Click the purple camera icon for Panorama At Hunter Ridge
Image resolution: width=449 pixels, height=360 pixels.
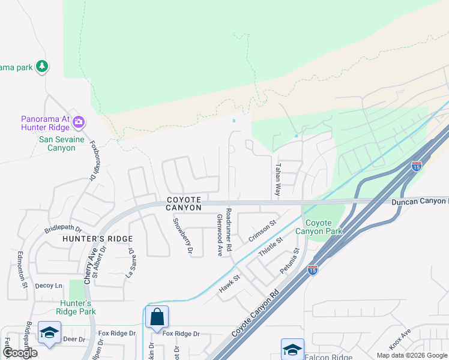(x=78, y=122)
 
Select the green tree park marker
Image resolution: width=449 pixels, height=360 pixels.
(x=41, y=66)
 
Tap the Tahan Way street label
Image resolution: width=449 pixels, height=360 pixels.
(x=278, y=179)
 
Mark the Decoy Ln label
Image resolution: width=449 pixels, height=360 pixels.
(x=49, y=286)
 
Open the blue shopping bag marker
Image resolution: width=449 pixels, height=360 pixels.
(x=156, y=317)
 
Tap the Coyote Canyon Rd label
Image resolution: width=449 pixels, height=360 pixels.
(x=256, y=313)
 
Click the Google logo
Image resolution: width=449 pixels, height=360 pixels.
(x=20, y=353)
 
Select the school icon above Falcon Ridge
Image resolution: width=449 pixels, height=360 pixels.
(x=292, y=349)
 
